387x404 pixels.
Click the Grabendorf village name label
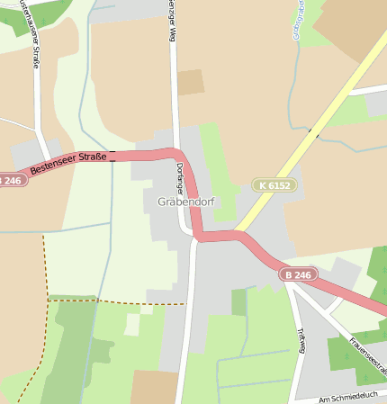pyautogui.click(x=184, y=202)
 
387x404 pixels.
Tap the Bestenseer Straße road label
pyautogui.click(x=68, y=164)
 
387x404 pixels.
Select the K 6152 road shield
pyautogui.click(x=274, y=184)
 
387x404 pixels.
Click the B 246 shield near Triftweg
pyautogui.click(x=298, y=274)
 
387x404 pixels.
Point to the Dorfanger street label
pyautogui.click(x=180, y=179)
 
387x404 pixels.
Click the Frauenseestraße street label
pyautogui.click(x=367, y=355)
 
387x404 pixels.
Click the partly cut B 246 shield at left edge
pyautogui.click(x=10, y=180)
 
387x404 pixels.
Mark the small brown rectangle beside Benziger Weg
pyautogui.click(x=190, y=82)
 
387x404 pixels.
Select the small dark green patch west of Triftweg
pyautogui.click(x=238, y=302)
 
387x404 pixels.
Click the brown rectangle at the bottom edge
pyautogui.click(x=154, y=387)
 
